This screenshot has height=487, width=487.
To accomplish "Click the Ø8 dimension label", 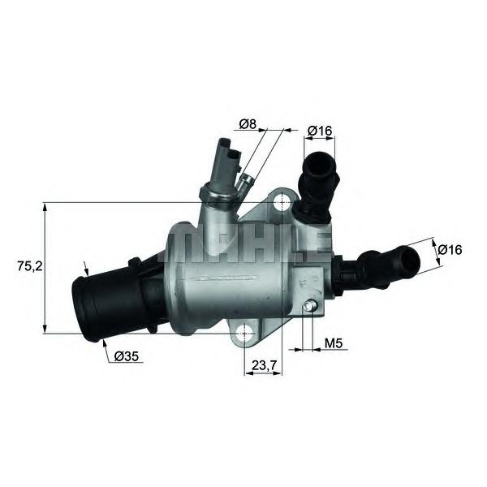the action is [248, 124].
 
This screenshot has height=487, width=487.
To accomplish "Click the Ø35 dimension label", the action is [126, 356].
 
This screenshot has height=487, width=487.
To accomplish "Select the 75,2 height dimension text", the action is [30, 266].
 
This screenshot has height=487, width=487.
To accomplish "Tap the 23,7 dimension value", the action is [264, 365].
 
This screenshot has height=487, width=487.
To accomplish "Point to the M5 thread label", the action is [333, 343].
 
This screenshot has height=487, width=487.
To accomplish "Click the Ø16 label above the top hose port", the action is [320, 131].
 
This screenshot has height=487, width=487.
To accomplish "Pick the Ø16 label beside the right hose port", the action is [450, 249].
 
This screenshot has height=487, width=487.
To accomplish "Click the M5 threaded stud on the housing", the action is [309, 306].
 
